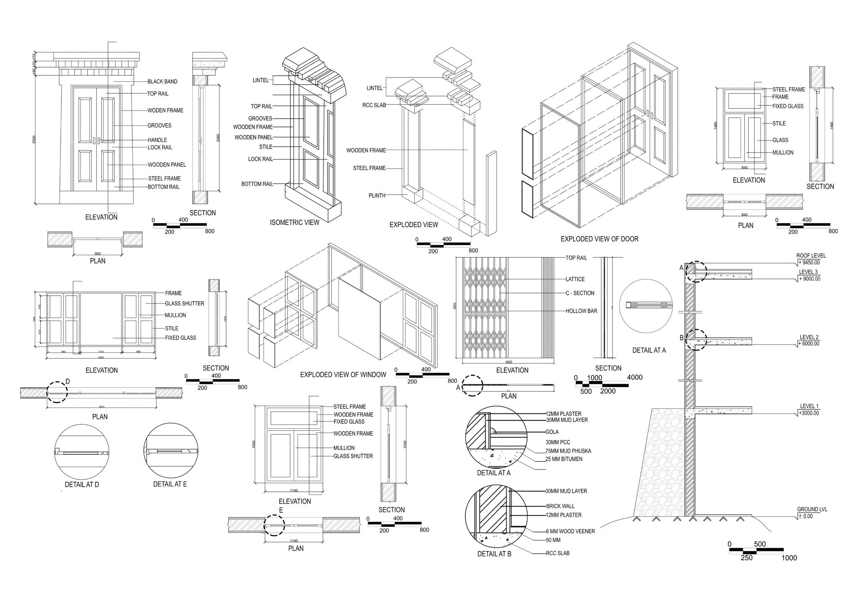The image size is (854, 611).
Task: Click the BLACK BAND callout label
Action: click(x=162, y=81)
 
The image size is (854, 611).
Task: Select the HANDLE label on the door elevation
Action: click(x=157, y=140)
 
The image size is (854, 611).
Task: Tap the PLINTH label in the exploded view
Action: click(x=377, y=195)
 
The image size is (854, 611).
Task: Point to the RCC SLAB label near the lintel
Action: click(x=374, y=105)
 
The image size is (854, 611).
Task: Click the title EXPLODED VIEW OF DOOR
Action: click(x=599, y=239)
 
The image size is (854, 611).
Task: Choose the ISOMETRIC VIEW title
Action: click(x=295, y=222)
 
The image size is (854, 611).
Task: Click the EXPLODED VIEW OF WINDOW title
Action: click(x=343, y=374)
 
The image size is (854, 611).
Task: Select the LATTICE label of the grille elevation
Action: click(x=575, y=279)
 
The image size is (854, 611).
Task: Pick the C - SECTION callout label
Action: click(x=580, y=293)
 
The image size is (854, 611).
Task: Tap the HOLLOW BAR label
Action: click(x=581, y=311)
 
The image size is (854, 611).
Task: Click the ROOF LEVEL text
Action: click(x=811, y=255)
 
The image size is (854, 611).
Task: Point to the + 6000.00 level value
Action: click(x=809, y=344)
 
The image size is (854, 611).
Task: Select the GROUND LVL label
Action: click(x=812, y=510)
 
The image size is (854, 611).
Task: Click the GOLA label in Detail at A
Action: click(x=552, y=432)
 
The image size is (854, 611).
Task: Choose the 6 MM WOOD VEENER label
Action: click(x=570, y=532)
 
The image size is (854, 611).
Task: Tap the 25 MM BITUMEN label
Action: click(x=564, y=459)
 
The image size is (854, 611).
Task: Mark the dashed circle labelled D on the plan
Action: click(x=57, y=392)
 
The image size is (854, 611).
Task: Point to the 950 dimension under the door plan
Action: click(x=98, y=254)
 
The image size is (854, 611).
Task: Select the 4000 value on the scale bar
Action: click(x=634, y=378)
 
